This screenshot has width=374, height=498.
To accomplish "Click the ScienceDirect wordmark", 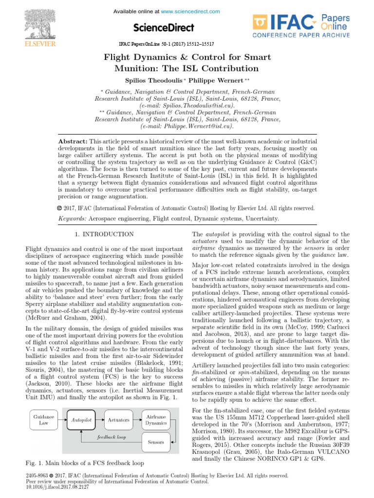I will coord(163,28).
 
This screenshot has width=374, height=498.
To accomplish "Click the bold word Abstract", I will coord(73,141).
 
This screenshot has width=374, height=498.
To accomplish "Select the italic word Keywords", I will coord(72,219).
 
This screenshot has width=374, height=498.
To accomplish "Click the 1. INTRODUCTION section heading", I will coord(104,234).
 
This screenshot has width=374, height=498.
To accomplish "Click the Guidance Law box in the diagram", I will coord(43,420).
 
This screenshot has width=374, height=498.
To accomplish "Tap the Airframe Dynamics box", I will coord(155,420).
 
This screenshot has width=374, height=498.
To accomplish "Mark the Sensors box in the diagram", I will coord(155,443).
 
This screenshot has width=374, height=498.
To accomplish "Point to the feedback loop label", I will coord(111,437).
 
